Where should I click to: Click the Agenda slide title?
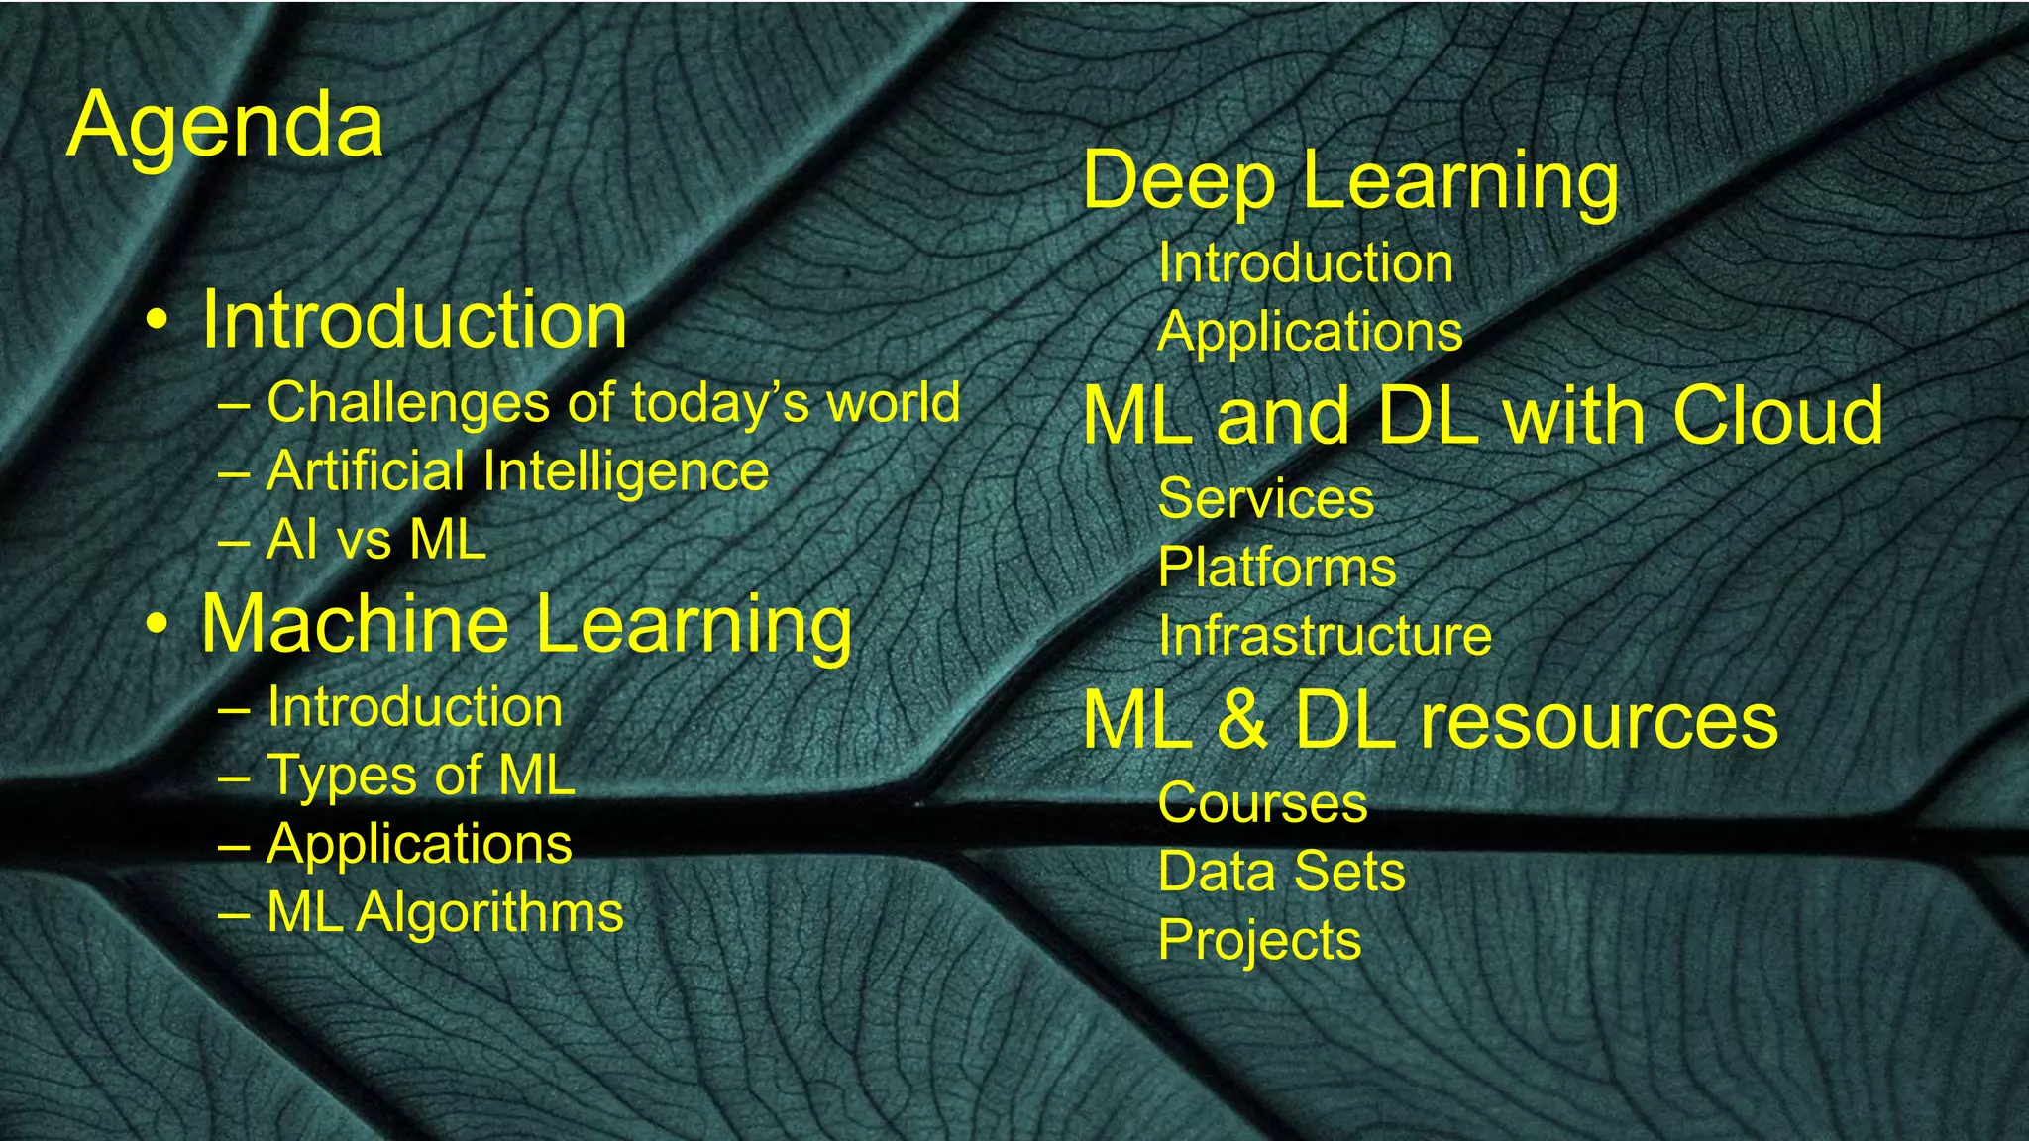[x=225, y=126]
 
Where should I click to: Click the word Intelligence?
[x=625, y=471]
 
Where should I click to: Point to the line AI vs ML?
[x=375, y=541]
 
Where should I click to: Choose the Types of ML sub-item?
[x=420, y=776]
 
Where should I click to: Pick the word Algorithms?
[x=489, y=912]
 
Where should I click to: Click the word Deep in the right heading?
[x=1179, y=181]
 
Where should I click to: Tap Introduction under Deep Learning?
[x=1305, y=264]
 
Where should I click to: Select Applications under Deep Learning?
[x=1310, y=332]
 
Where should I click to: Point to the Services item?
[x=1265, y=498]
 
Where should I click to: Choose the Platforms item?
[x=1277, y=568]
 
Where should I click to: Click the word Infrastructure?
[x=1325, y=636]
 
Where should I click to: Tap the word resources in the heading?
[x=1599, y=720]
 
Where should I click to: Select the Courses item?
[x=1262, y=803]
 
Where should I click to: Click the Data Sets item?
[x=1281, y=872]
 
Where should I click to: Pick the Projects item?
[x=1259, y=940]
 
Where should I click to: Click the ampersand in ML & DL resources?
[x=1243, y=720]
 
